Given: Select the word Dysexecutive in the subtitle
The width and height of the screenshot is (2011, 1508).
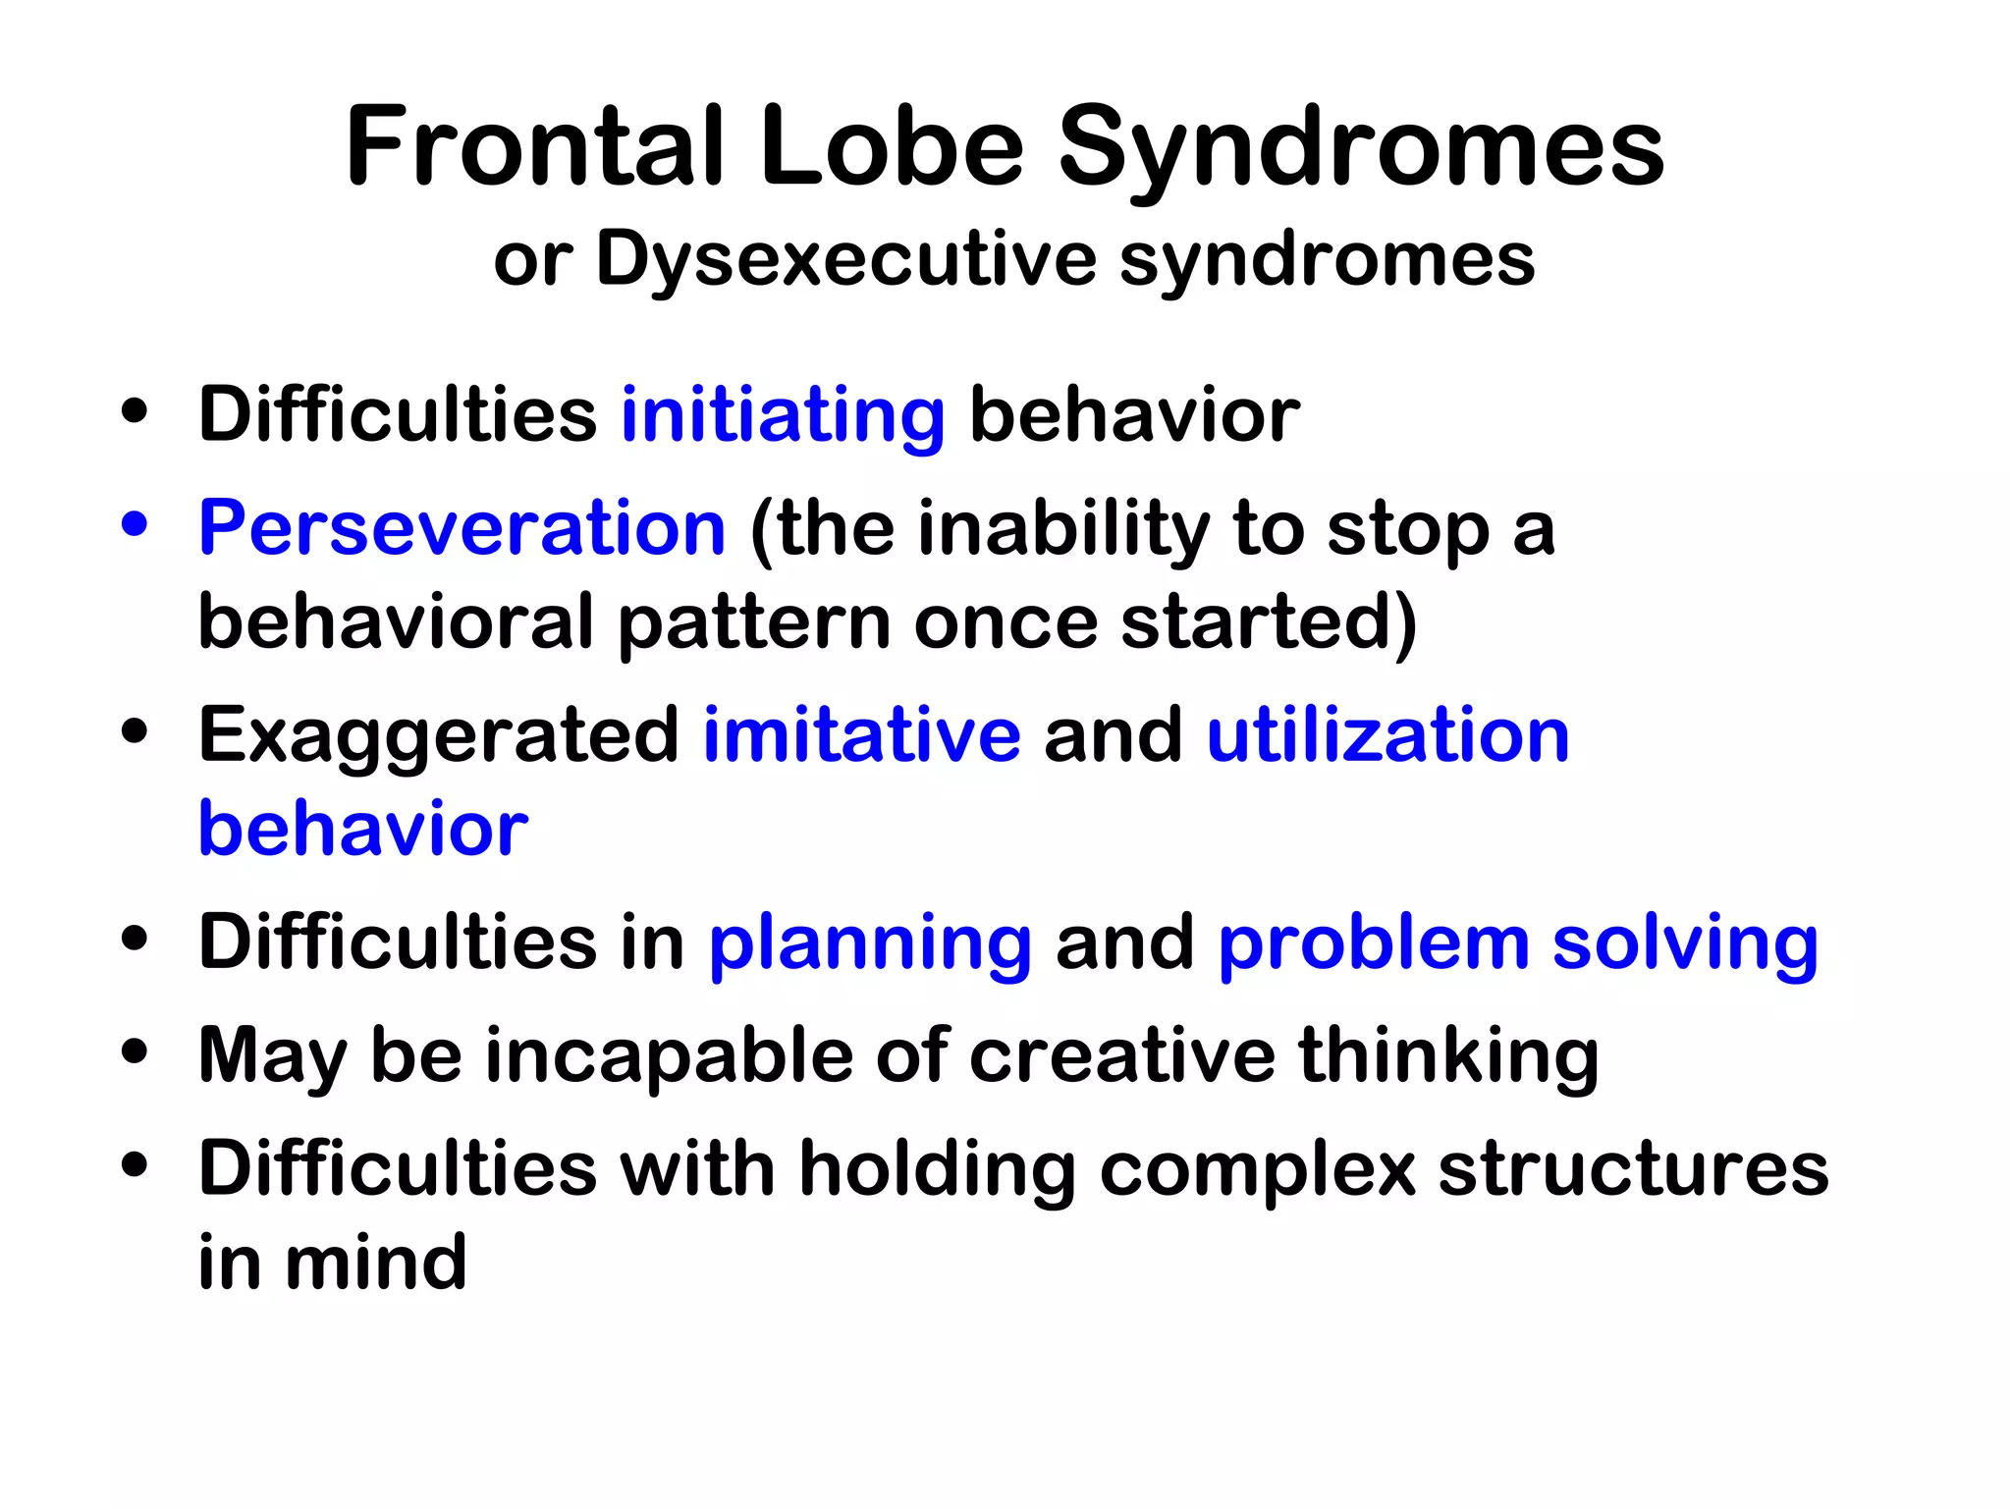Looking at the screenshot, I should [844, 260].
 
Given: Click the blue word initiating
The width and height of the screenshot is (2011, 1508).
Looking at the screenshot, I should [783, 415].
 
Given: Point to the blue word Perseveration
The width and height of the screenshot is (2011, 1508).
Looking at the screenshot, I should [462, 528].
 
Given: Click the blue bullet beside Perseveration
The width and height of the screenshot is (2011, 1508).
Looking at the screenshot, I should [135, 523].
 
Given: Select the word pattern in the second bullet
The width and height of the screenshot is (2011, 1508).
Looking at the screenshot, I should [753, 622].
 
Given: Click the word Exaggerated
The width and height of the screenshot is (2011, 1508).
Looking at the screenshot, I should [438, 736].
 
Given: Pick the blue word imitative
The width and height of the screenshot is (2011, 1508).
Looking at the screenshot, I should [861, 736].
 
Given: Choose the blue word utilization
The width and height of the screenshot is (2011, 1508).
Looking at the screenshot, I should [1387, 736].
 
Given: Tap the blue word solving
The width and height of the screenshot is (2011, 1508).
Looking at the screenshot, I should [1685, 942].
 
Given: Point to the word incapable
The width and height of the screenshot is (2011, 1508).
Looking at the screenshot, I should [669, 1056].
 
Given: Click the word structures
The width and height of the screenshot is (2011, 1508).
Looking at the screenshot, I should [1633, 1168].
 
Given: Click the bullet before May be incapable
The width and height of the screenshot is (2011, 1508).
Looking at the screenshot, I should [135, 1052].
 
